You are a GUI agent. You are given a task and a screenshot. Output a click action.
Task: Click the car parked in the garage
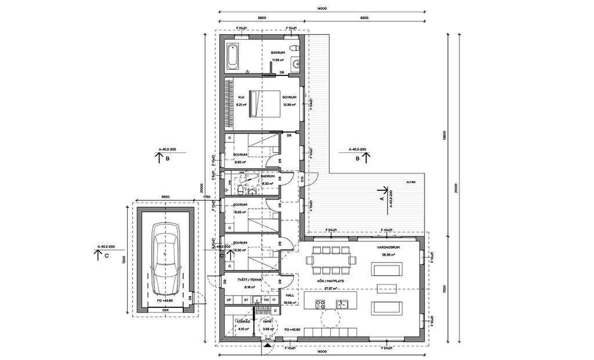coord(164,260)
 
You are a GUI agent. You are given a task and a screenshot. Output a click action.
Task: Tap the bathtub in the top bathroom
coord(233,55)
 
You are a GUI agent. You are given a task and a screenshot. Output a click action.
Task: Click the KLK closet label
coord(241,97)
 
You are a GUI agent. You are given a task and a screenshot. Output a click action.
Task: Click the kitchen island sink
coord(341,304)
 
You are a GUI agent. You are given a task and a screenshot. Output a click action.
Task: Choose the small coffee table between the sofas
coord(385,288)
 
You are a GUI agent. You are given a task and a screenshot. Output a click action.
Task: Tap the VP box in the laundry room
coord(229,300)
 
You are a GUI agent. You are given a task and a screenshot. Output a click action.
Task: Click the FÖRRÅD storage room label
coord(242,321)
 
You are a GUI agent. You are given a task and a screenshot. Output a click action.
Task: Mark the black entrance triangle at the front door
coord(267,345)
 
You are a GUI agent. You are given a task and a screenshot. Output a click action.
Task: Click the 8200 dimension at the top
coord(364,19)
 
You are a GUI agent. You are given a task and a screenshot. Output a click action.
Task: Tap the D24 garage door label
coord(165,310)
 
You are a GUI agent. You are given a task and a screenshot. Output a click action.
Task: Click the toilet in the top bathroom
coord(295,48)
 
